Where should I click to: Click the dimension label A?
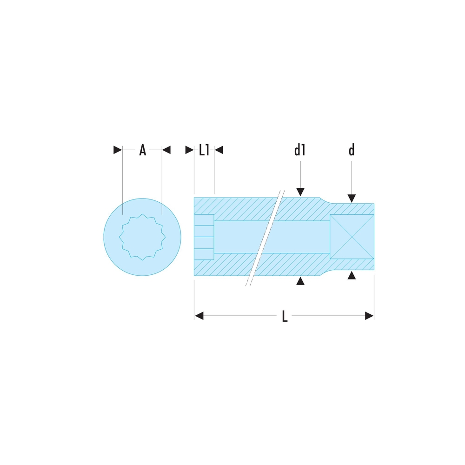tap(143, 150)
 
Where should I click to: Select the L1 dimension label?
tap(204, 150)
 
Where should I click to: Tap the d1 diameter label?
tap(300, 150)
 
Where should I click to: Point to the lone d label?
tap(352, 150)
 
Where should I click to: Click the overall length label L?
tap(285, 316)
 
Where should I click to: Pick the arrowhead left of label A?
tap(118, 150)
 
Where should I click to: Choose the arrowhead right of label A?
tap(166, 150)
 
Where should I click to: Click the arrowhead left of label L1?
tap(190, 150)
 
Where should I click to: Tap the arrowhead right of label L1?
tap(219, 150)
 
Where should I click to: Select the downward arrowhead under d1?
tap(300, 192)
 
